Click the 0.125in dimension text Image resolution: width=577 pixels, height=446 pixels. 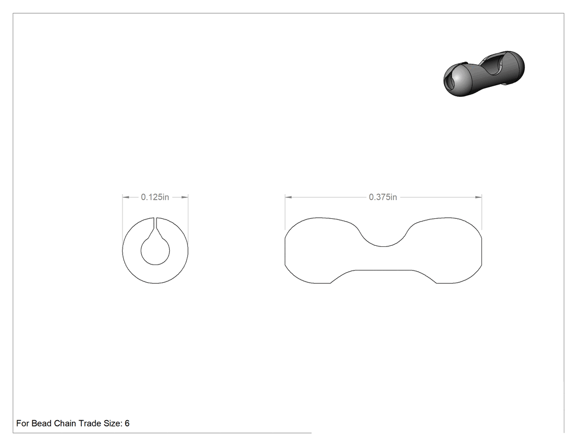click(155, 197)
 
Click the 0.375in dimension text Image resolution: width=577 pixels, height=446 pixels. click(383, 197)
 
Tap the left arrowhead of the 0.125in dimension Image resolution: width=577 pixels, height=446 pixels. click(125, 197)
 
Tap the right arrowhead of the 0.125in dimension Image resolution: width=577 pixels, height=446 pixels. click(185, 197)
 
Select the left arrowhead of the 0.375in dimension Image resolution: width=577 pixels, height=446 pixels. click(288, 197)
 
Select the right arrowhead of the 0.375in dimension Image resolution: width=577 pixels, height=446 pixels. click(479, 197)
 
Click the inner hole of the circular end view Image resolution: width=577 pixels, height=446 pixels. click(156, 251)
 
